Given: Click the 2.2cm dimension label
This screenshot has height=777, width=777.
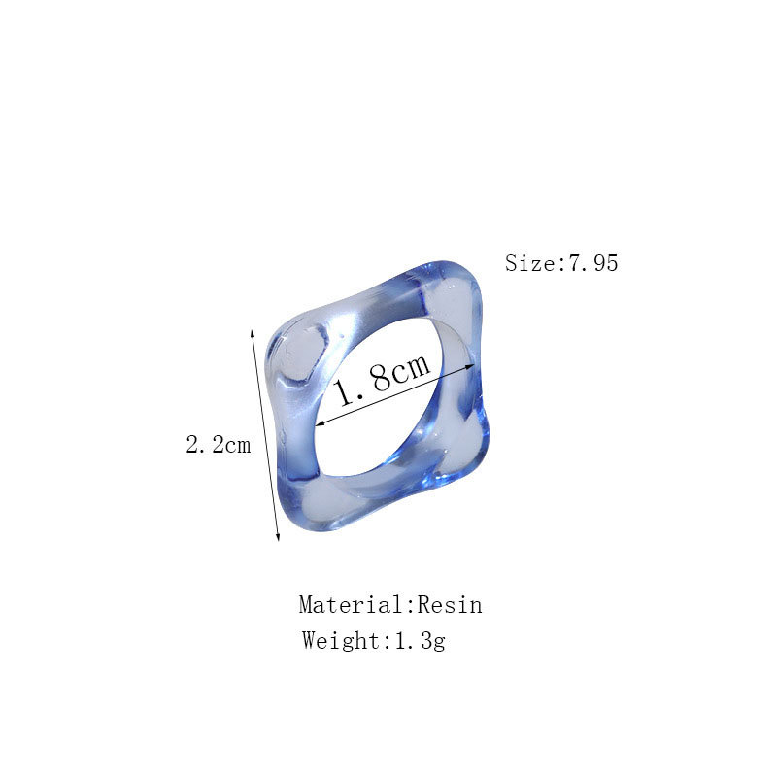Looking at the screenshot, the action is [218, 445].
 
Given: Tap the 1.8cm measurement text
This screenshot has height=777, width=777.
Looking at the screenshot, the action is [382, 379].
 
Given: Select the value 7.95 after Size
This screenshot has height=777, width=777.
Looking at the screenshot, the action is [593, 262].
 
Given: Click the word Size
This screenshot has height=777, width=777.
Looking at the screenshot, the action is [530, 262].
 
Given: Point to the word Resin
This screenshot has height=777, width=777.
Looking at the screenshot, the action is [450, 605].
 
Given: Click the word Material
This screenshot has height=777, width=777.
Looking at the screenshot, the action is [353, 605].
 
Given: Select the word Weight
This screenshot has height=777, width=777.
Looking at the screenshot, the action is [341, 641].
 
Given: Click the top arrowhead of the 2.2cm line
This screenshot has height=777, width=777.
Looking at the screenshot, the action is [253, 333].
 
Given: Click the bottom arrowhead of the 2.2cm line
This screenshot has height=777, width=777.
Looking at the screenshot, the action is [278, 537].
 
